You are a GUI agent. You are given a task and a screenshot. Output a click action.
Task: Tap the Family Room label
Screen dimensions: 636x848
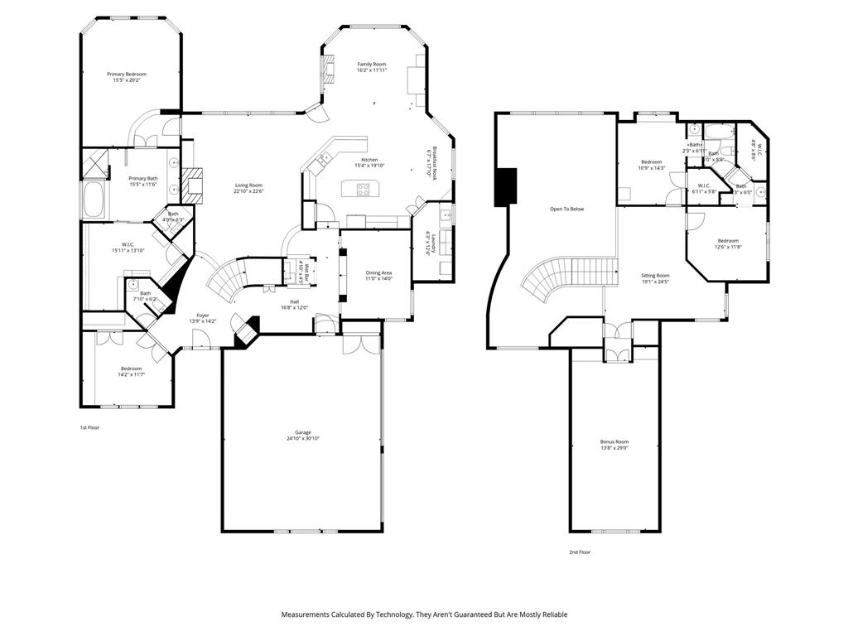click(x=372, y=64)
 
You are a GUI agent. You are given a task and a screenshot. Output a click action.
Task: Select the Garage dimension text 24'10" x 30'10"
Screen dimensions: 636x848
click(x=302, y=438)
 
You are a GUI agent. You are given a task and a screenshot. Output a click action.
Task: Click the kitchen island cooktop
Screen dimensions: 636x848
click(x=363, y=189)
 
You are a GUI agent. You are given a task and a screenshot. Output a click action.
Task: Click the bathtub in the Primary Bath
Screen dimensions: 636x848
click(x=90, y=200)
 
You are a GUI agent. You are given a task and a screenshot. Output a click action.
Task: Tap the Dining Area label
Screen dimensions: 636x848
click(x=378, y=272)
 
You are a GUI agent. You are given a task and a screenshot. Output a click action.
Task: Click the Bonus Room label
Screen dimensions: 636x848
click(x=614, y=441)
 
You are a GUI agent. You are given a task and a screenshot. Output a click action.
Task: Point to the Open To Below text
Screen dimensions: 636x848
click(x=567, y=209)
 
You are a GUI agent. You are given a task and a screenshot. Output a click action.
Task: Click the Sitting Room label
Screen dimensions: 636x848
click(x=656, y=275)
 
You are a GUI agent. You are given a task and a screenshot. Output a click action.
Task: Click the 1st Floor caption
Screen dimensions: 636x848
click(x=89, y=427)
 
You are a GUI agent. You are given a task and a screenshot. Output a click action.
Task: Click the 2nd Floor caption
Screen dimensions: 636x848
click(x=580, y=552)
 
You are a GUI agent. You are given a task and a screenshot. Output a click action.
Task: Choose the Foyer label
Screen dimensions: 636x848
click(x=203, y=316)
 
